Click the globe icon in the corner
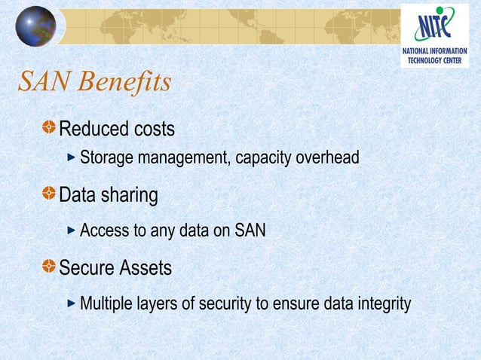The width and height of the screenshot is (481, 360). click(x=35, y=26)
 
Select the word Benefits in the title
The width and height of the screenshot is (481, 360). click(x=124, y=82)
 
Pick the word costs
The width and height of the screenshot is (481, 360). click(x=154, y=130)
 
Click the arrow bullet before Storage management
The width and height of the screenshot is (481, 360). click(x=72, y=158)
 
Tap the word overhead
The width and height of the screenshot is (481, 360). click(x=328, y=159)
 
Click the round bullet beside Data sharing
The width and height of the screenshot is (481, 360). click(x=49, y=196)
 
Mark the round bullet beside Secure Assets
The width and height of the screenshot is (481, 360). click(x=49, y=267)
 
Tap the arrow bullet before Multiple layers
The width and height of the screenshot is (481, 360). click(x=72, y=304)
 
